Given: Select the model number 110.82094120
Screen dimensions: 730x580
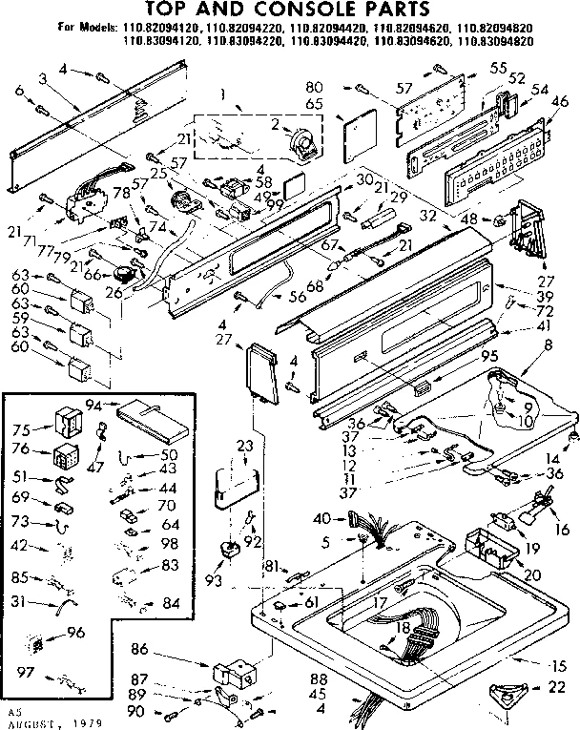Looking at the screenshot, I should coord(146,30).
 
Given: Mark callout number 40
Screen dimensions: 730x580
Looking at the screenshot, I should coord(322,519).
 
